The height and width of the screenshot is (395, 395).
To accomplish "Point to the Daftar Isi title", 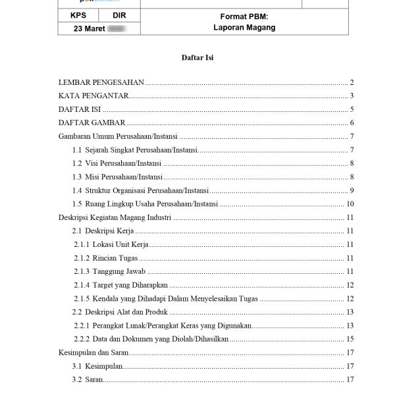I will pyautogui.click(x=197, y=58).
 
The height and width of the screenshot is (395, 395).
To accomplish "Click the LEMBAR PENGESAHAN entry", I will pyautogui.click(x=101, y=83).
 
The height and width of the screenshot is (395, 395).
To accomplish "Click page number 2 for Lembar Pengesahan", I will pyautogui.click(x=353, y=83).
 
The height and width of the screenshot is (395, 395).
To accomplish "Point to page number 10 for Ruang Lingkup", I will pyautogui.click(x=351, y=204).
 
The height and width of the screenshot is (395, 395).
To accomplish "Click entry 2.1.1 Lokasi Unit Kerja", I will pyautogui.click(x=111, y=244).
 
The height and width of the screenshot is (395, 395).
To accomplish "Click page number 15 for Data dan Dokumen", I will pyautogui.click(x=351, y=338).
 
